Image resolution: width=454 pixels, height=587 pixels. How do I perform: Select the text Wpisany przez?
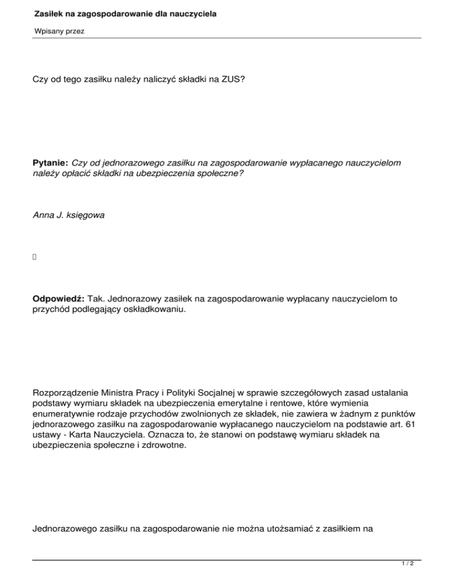pos(59,31)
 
